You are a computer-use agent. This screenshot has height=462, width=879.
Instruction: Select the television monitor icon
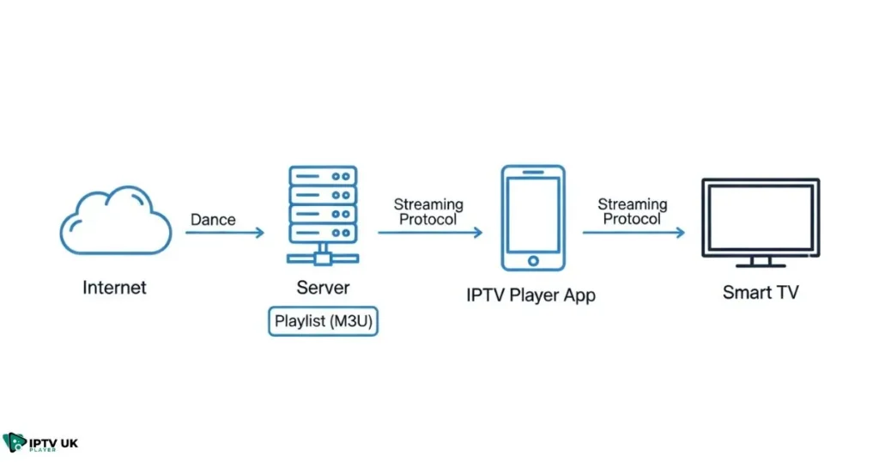(760, 219)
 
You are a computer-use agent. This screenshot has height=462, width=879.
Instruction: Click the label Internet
(114, 288)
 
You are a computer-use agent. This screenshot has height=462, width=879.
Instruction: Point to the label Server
(322, 287)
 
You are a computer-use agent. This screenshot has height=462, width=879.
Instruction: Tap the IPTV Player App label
(530, 295)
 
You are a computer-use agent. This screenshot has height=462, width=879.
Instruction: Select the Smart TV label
(760, 292)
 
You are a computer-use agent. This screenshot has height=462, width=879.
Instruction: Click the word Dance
(213, 220)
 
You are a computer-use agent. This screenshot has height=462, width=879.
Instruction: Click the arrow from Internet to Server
(224, 233)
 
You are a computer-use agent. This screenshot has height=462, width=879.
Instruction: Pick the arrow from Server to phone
(429, 233)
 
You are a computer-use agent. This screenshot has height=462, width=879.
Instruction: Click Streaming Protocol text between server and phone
(428, 212)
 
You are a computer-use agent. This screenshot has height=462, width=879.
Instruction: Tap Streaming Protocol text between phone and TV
(633, 211)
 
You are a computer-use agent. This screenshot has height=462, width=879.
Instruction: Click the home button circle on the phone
(532, 259)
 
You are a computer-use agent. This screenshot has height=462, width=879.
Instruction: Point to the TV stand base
(760, 264)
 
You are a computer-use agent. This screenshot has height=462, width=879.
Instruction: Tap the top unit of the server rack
(322, 174)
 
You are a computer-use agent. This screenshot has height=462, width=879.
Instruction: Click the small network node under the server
(322, 255)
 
